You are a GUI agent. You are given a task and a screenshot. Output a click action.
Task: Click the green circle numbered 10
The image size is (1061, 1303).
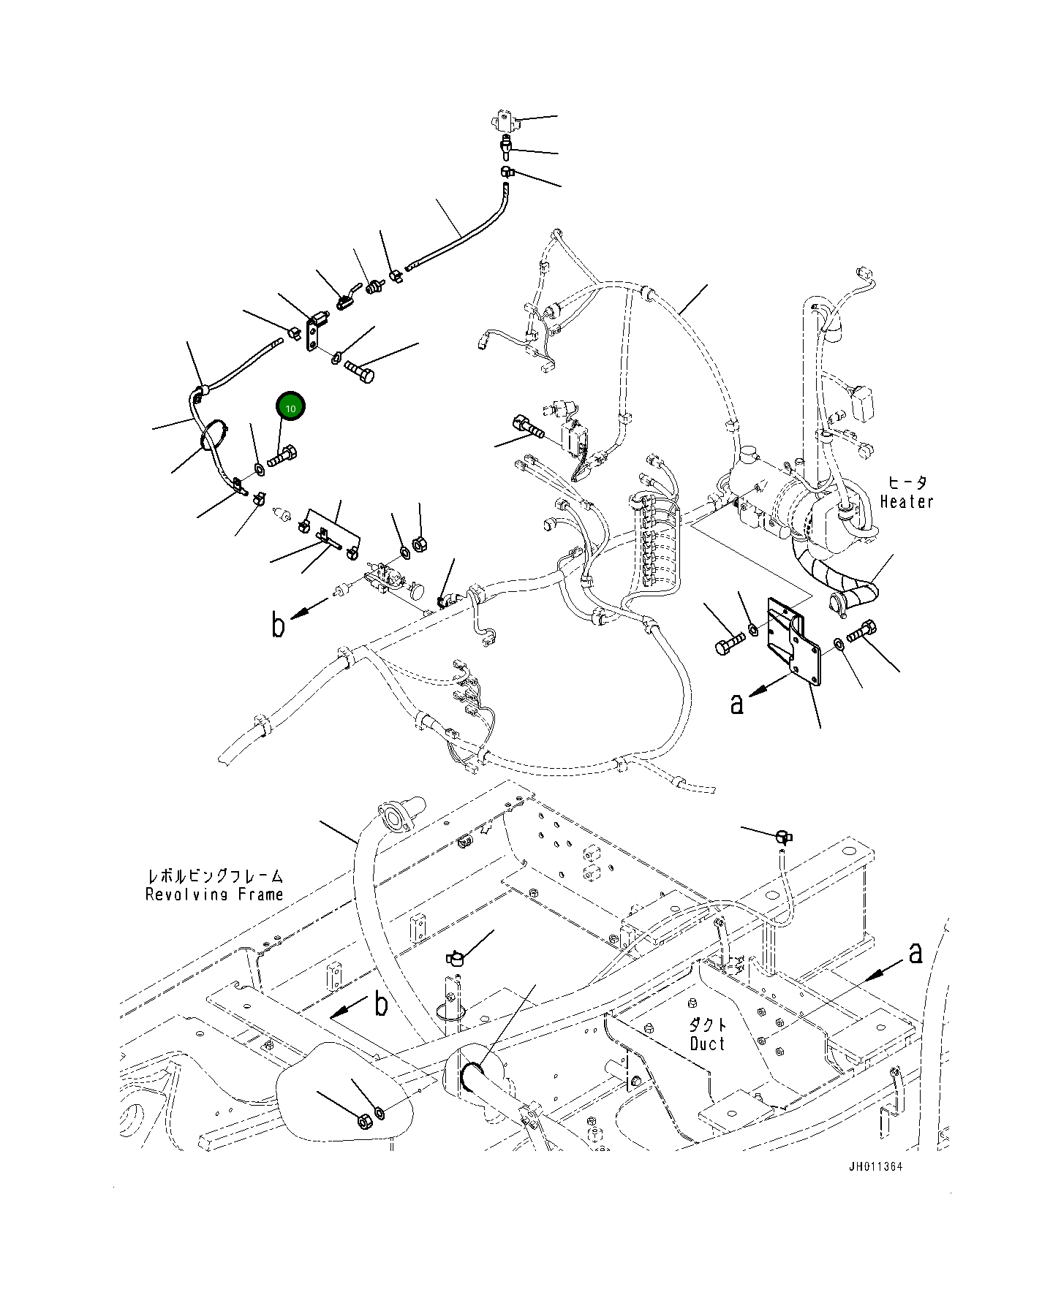(x=290, y=408)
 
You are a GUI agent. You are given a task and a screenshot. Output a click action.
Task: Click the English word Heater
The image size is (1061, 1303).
(x=907, y=501)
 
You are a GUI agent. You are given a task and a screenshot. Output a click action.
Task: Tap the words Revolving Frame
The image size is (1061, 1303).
(x=214, y=894)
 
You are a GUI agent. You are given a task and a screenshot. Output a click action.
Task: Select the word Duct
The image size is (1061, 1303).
(x=707, y=1043)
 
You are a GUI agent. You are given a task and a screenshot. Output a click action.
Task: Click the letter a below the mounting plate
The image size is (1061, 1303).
(x=737, y=704)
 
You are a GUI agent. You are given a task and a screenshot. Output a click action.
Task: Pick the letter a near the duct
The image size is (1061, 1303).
(x=915, y=953)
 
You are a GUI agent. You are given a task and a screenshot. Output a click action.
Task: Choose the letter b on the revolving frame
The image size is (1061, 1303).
(x=381, y=1004)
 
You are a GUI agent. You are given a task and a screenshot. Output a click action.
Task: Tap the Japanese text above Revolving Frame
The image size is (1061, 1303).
(x=214, y=875)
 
